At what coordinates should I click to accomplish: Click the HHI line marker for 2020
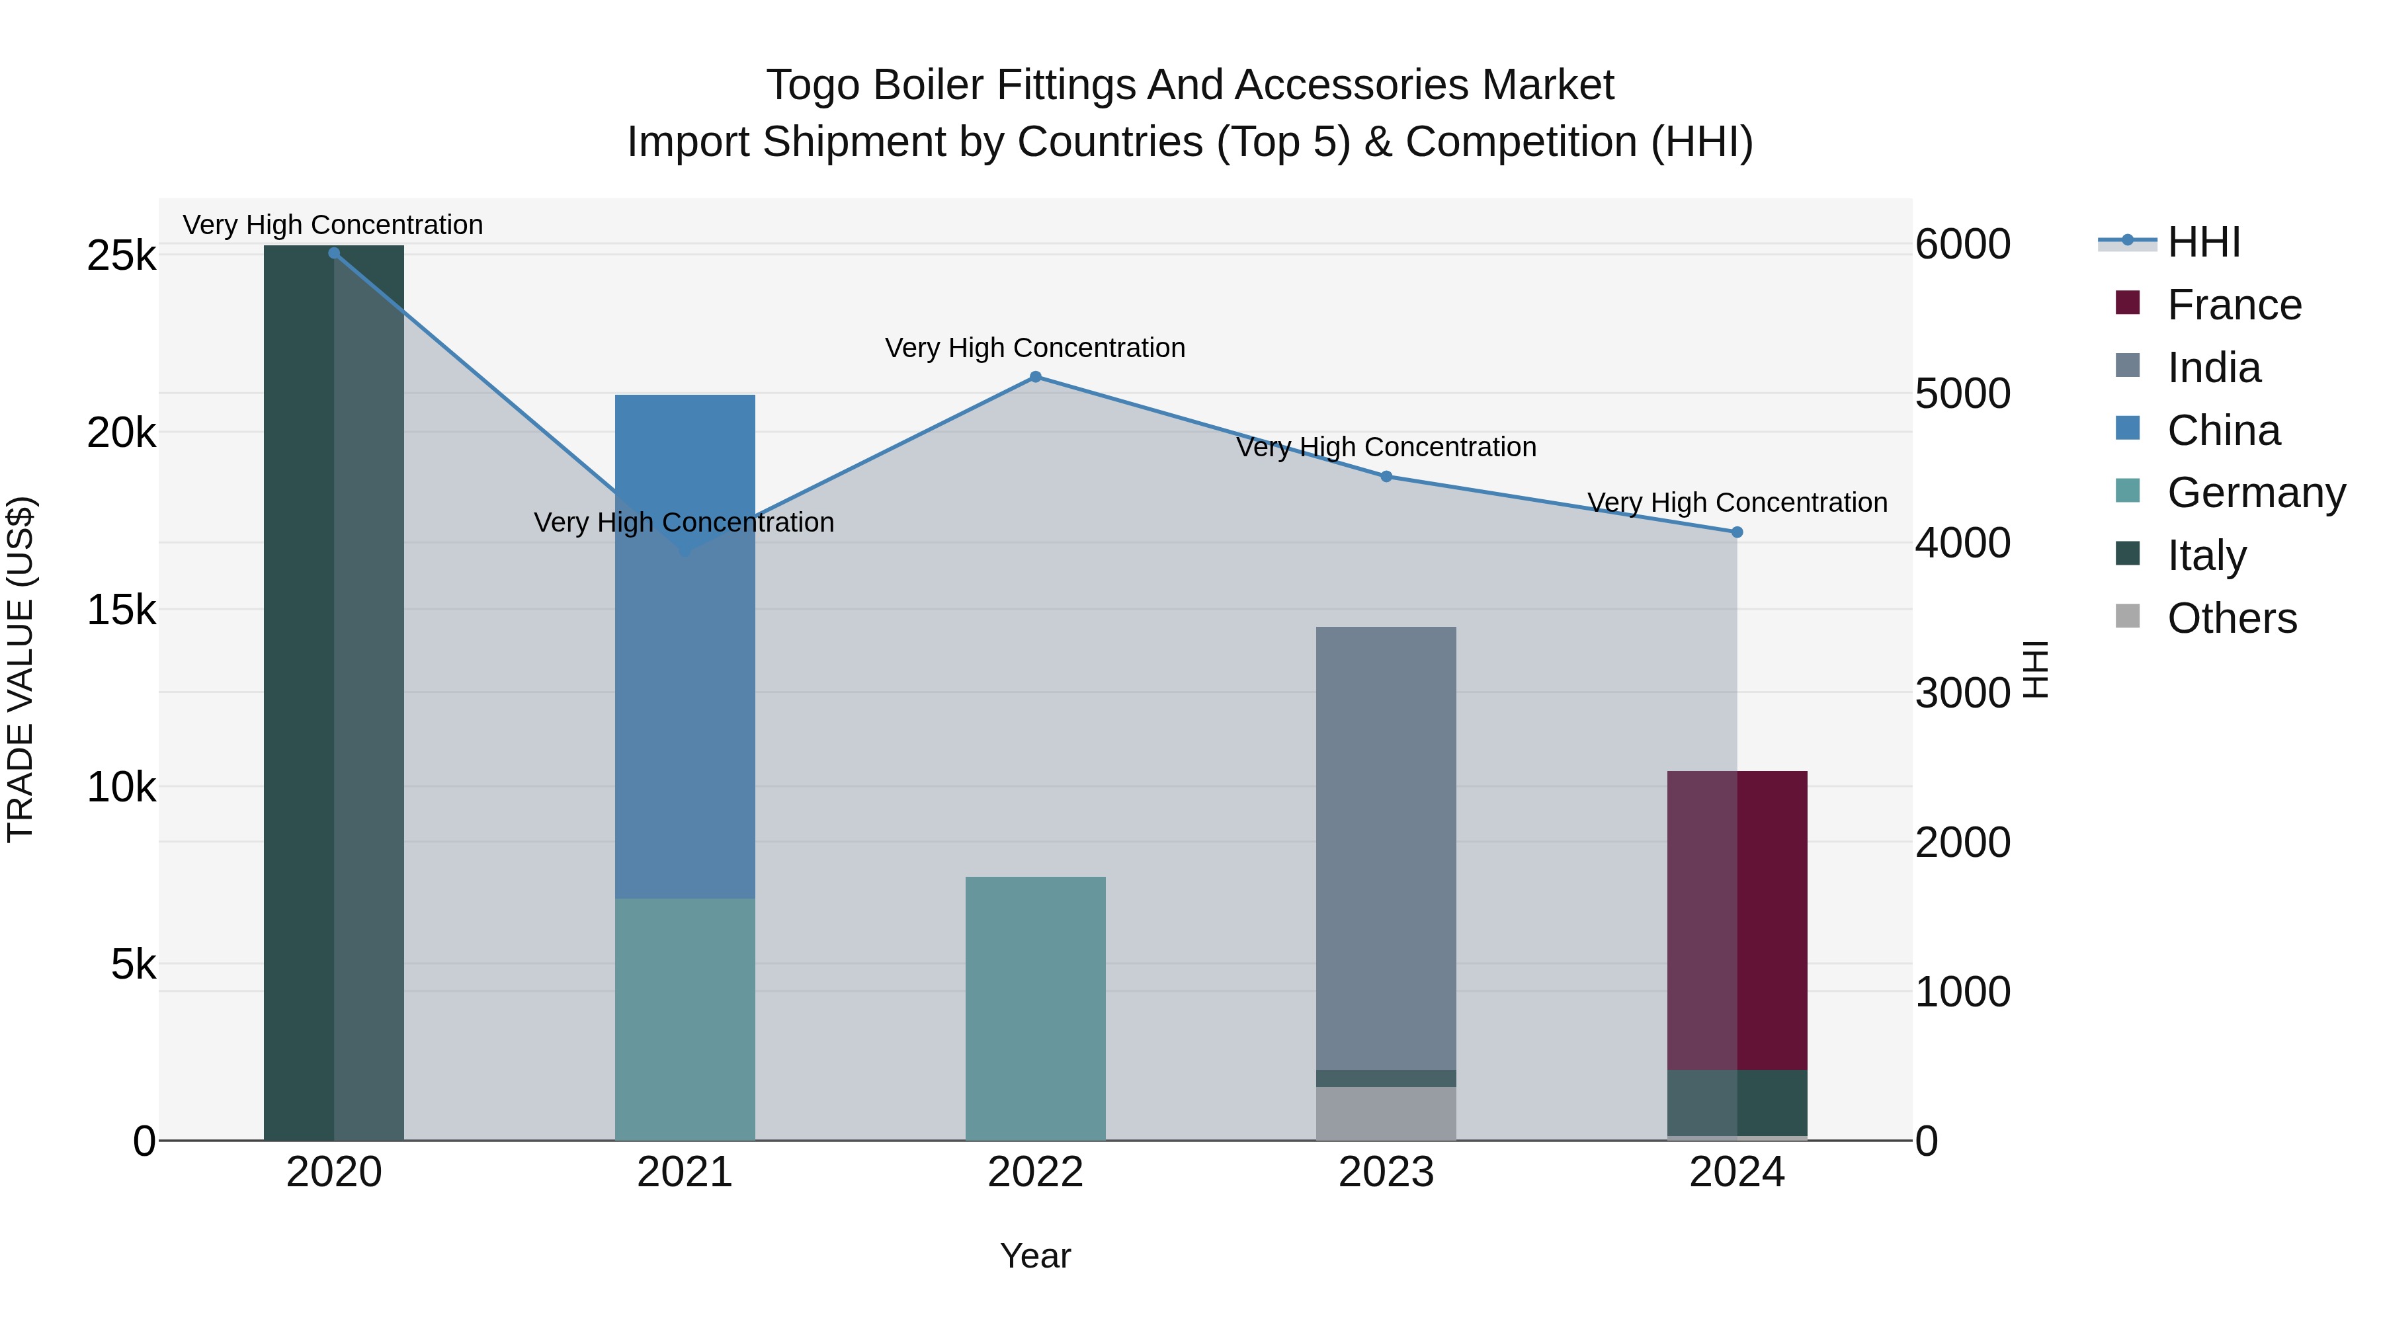(334, 253)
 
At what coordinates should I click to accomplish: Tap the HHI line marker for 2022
(1035, 377)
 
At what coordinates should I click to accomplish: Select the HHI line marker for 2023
(1386, 477)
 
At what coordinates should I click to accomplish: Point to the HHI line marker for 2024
(1737, 532)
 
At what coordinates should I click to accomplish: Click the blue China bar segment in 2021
(685, 647)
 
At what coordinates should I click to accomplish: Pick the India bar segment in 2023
(1386, 848)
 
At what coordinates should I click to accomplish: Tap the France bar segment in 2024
(1737, 920)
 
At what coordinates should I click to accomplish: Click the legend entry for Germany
(2255, 493)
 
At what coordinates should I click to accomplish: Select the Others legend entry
(2232, 618)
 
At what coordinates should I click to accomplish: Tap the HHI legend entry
(2204, 242)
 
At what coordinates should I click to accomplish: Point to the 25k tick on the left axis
(121, 256)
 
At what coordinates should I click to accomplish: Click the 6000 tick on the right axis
(1962, 244)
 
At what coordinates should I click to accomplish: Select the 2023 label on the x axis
(1386, 1172)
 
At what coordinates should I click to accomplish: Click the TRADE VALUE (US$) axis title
(21, 669)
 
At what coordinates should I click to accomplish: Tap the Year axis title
(1035, 1256)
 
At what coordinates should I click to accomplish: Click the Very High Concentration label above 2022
(1035, 348)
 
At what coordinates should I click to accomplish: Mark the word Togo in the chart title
(814, 85)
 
